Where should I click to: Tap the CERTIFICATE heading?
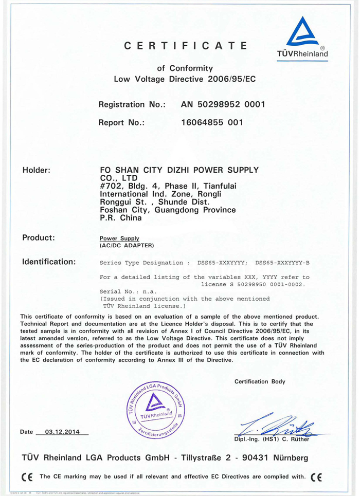coord(186,46)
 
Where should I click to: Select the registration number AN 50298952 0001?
coord(223,105)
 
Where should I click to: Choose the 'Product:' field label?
coord(39,238)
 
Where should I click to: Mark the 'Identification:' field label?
coord(49,262)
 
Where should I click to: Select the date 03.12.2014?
coord(62,431)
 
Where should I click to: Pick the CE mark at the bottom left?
coord(27,475)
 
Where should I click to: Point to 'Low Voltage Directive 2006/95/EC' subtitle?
coord(184,79)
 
